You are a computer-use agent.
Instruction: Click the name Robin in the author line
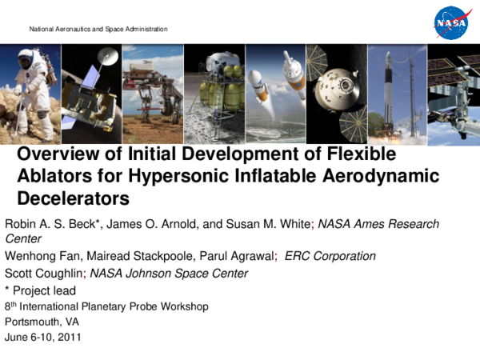22,224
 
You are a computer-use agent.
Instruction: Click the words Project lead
46,290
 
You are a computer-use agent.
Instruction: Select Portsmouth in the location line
30,322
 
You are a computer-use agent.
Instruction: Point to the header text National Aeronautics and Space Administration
98,29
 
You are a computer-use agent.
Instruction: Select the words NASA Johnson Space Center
169,273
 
